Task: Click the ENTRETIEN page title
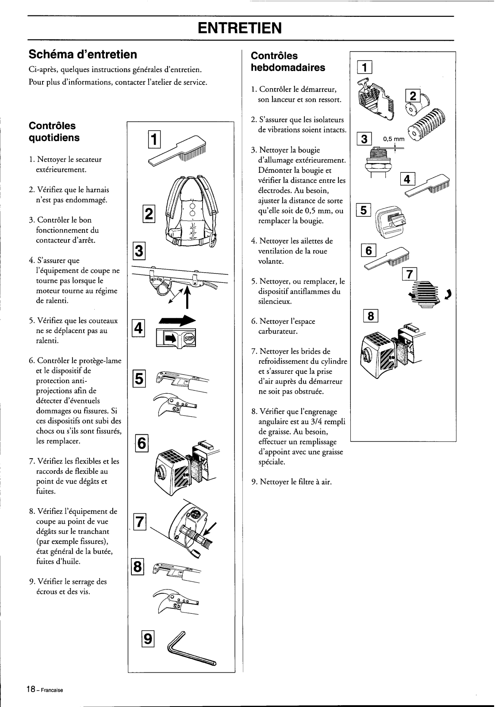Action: pos(241,29)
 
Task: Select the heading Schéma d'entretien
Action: pos(83,54)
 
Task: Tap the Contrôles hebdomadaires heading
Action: pos(288,61)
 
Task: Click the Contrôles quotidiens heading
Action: pos(54,132)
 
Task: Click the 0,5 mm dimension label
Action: pos(394,139)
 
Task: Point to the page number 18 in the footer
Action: pos(30,690)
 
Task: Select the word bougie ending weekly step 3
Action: pos(314,220)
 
